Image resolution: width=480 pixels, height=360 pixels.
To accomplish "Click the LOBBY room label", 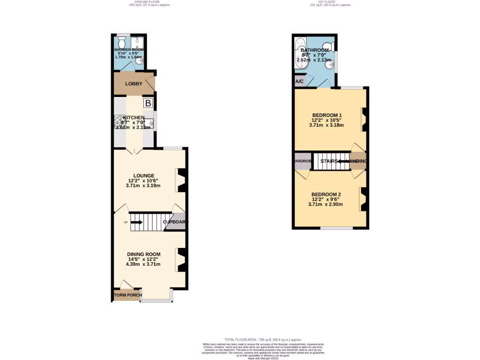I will [134, 84].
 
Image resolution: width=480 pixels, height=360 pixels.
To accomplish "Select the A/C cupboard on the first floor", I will [300, 81].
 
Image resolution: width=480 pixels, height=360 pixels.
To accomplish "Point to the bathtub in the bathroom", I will [299, 54].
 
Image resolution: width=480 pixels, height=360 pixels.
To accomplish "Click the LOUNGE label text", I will [143, 176].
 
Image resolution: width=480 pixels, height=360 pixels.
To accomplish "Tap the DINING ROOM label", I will [143, 255].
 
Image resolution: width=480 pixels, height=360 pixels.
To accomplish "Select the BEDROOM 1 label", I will [327, 115].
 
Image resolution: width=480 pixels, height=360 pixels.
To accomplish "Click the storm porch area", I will [126, 295].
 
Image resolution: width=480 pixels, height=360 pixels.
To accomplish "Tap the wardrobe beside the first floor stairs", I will [303, 161].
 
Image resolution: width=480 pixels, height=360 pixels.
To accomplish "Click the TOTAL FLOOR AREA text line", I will [263, 339].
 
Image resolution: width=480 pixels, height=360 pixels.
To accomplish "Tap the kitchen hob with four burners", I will [118, 123].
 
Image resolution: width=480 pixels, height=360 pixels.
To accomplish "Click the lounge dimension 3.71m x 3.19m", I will [143, 186].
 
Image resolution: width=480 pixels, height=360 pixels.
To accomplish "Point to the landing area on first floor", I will [359, 161].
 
